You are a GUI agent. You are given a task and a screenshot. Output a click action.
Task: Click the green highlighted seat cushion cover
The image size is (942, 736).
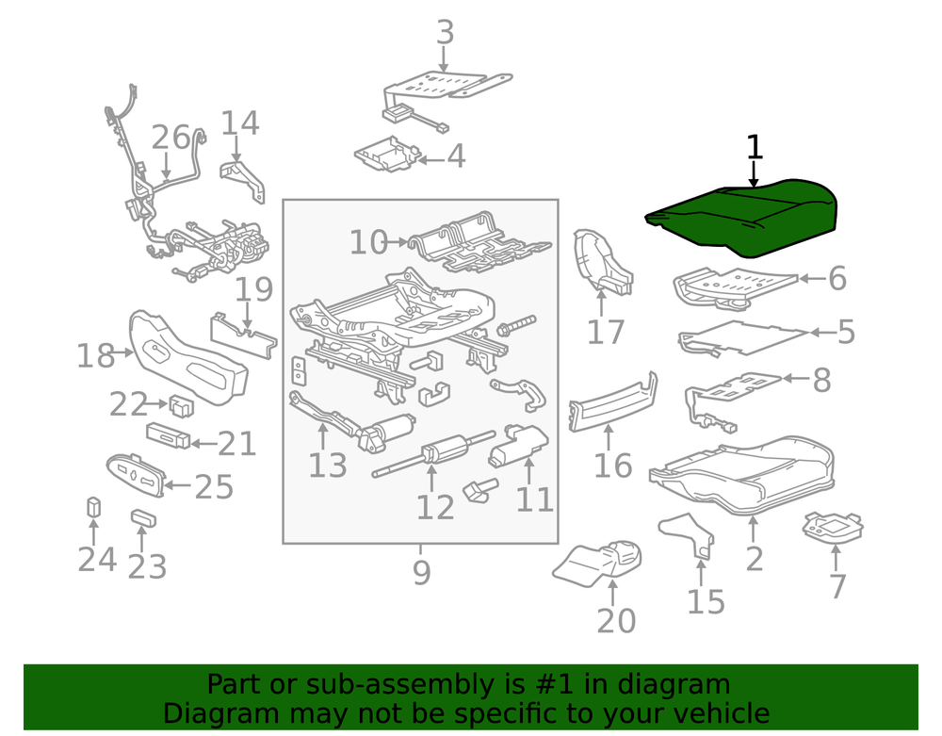pyautogui.click(x=742, y=218)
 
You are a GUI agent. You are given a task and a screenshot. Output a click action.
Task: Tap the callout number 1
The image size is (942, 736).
pyautogui.click(x=754, y=148)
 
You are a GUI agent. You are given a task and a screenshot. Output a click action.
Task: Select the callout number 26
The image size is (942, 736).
pyautogui.click(x=171, y=138)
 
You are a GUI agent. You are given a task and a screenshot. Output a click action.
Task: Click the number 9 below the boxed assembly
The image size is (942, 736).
pyautogui.click(x=422, y=573)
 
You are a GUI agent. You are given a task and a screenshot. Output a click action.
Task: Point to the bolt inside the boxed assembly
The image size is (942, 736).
pyautogui.click(x=516, y=325)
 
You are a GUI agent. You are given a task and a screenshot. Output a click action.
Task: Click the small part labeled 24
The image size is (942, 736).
pyautogui.click(x=93, y=507)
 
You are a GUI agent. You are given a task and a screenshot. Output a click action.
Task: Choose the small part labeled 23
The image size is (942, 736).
pyautogui.click(x=143, y=518)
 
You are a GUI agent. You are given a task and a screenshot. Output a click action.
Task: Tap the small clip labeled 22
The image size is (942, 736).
pyautogui.click(x=182, y=406)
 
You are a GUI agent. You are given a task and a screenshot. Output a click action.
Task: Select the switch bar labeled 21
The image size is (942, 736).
pyautogui.click(x=169, y=435)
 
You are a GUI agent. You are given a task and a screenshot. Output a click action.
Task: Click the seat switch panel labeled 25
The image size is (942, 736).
pyautogui.click(x=136, y=475)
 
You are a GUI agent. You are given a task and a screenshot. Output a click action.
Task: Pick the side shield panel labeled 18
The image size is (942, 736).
pyautogui.click(x=188, y=358)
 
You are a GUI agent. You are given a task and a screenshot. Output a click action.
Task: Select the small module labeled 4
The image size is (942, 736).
pyautogui.click(x=386, y=155)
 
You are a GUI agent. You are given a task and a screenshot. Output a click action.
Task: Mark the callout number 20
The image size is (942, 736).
pyautogui.click(x=616, y=621)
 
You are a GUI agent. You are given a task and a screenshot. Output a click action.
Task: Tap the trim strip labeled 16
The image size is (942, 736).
pyautogui.click(x=613, y=401)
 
